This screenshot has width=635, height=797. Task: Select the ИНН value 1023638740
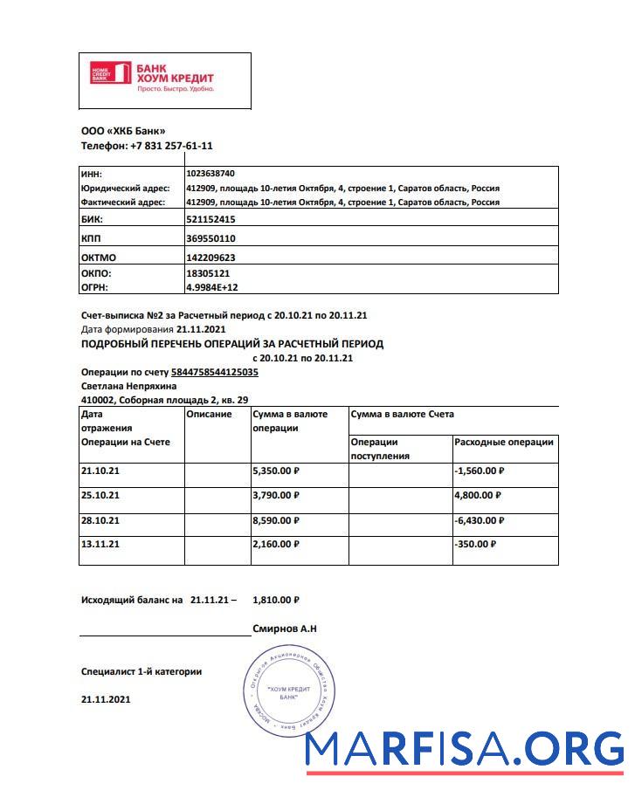211,174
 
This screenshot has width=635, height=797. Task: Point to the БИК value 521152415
211,219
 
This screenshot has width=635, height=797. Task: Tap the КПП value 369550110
211,238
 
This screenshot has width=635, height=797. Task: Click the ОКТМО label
98,258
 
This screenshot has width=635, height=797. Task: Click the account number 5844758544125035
214,372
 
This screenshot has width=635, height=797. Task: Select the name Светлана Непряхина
128,386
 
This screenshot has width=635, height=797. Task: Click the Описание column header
210,415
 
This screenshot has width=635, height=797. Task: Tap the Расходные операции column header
504,443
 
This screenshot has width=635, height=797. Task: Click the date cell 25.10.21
100,495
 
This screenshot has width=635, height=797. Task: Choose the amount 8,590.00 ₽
276,519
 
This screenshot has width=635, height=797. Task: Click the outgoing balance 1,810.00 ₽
275,601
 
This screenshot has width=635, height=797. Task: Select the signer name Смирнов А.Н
284,629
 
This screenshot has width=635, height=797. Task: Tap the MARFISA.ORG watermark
466,750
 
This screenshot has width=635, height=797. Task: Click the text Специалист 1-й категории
141,671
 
